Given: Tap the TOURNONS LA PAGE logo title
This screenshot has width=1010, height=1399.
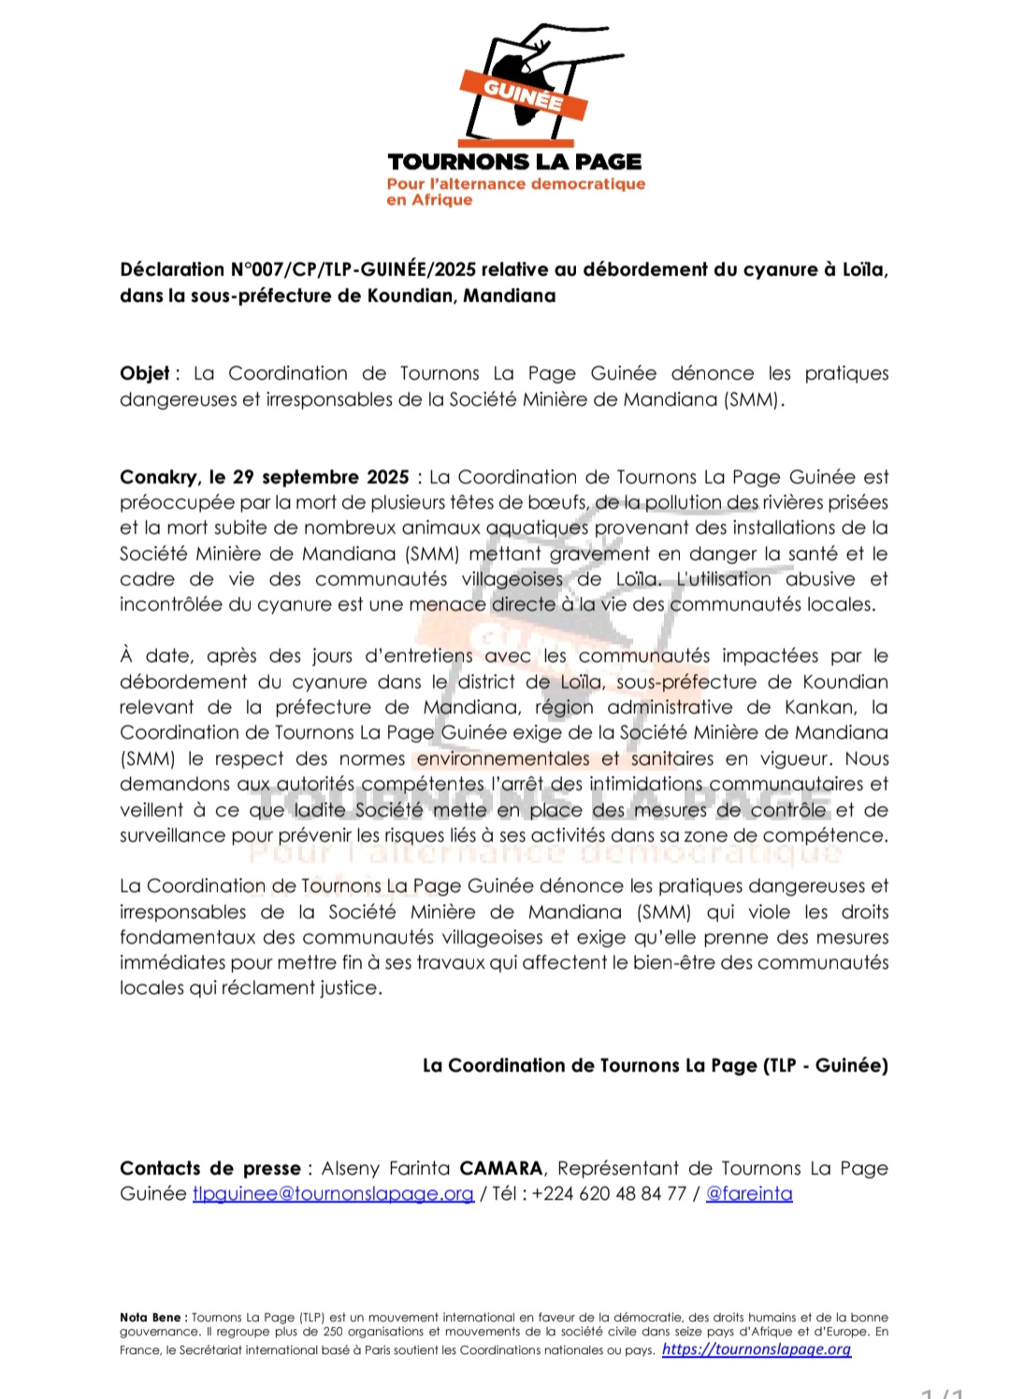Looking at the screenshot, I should pyautogui.click(x=514, y=162).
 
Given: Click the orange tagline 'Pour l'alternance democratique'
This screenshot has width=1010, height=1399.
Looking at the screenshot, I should pyautogui.click(x=516, y=183).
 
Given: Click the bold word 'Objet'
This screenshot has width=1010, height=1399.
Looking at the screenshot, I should pyautogui.click(x=144, y=373).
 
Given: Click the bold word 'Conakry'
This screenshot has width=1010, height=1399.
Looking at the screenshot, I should pyautogui.click(x=158, y=477).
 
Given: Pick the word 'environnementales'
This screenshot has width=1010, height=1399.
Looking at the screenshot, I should pyautogui.click(x=503, y=758).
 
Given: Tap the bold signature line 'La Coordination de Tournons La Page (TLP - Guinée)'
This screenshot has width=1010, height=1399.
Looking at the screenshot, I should pyautogui.click(x=655, y=1065).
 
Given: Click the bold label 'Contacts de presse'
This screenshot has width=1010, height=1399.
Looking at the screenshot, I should pyautogui.click(x=209, y=1168).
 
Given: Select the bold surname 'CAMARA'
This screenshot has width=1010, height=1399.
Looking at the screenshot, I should pyautogui.click(x=500, y=1168).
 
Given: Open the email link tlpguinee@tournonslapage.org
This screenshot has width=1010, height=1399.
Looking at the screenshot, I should pyautogui.click(x=333, y=1193).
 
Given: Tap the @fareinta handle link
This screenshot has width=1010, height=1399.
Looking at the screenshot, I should pyautogui.click(x=749, y=1193).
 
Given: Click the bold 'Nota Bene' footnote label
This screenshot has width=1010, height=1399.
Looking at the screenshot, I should pyautogui.click(x=151, y=1317).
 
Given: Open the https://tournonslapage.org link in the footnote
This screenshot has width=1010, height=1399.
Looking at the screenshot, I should pyautogui.click(x=757, y=1349).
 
